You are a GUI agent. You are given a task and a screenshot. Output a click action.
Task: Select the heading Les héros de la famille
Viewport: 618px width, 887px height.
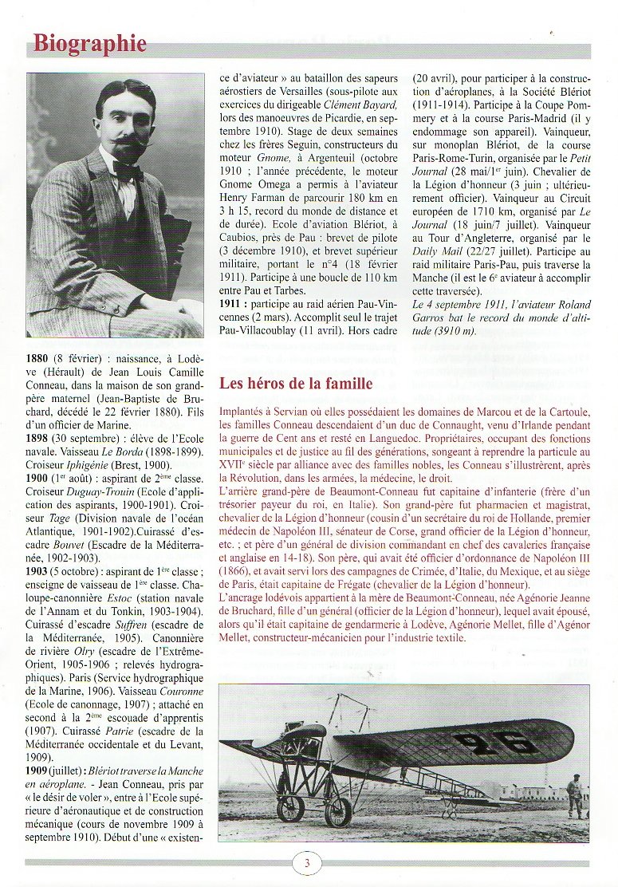pyautogui.click(x=296, y=384)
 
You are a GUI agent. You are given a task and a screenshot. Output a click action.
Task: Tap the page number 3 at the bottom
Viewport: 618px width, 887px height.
pyautogui.click(x=307, y=862)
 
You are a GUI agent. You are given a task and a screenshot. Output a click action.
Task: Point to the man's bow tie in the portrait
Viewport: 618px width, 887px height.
pyautogui.click(x=128, y=170)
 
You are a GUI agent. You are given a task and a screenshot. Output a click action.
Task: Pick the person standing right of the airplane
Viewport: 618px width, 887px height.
pyautogui.click(x=574, y=794)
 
